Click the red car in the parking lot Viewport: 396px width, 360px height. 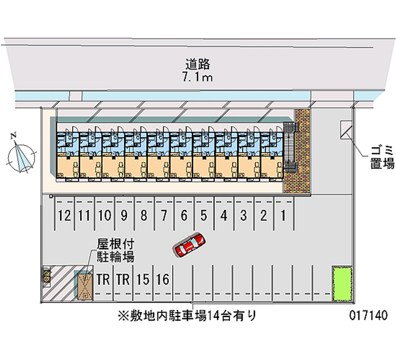(x=190, y=245)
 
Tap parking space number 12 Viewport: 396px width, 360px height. (x=63, y=215)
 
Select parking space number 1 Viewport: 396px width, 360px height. (x=283, y=215)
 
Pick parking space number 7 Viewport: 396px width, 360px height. (x=163, y=215)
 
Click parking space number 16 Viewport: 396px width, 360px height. (x=162, y=280)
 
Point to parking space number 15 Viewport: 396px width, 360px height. (x=143, y=280)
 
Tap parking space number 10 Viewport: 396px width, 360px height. (x=103, y=215)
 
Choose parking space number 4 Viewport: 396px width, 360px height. (x=224, y=215)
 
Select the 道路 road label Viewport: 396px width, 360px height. (x=198, y=64)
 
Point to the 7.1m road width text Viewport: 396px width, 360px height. (x=198, y=77)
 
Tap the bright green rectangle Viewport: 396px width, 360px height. (x=341, y=283)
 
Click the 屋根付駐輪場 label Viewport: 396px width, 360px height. (x=116, y=251)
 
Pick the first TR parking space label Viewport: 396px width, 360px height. (x=103, y=280)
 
